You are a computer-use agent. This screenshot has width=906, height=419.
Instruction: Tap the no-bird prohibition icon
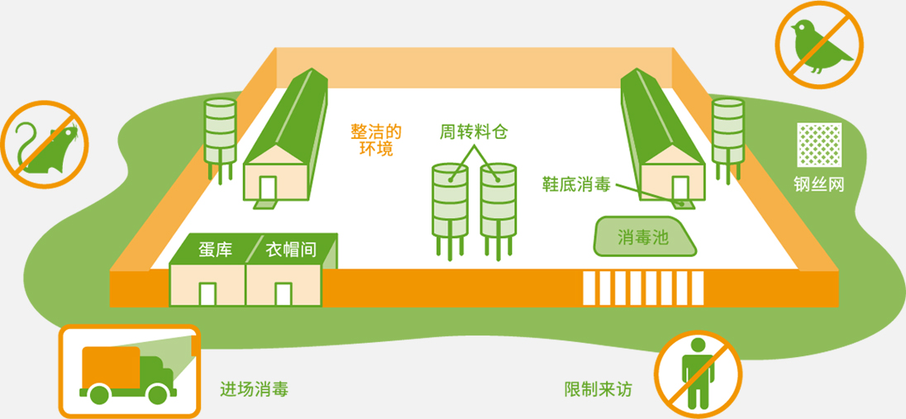(x=818, y=45)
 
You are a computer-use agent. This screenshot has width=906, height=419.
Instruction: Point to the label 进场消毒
(x=255, y=388)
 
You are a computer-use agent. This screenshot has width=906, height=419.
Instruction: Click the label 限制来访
(x=598, y=388)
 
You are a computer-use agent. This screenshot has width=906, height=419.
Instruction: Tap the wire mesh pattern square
(x=819, y=145)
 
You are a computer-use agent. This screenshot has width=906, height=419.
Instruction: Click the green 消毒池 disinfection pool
(x=644, y=237)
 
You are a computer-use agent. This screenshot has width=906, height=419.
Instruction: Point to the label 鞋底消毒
(x=576, y=183)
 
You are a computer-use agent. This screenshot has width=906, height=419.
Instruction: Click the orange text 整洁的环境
(x=376, y=140)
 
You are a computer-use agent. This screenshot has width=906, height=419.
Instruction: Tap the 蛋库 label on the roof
(x=215, y=250)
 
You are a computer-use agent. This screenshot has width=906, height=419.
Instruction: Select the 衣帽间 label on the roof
(x=291, y=250)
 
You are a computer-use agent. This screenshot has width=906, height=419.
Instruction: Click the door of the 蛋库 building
(x=207, y=294)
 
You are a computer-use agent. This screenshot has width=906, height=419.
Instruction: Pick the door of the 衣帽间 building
(x=284, y=294)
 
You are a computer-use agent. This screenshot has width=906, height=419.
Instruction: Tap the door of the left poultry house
(x=269, y=189)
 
